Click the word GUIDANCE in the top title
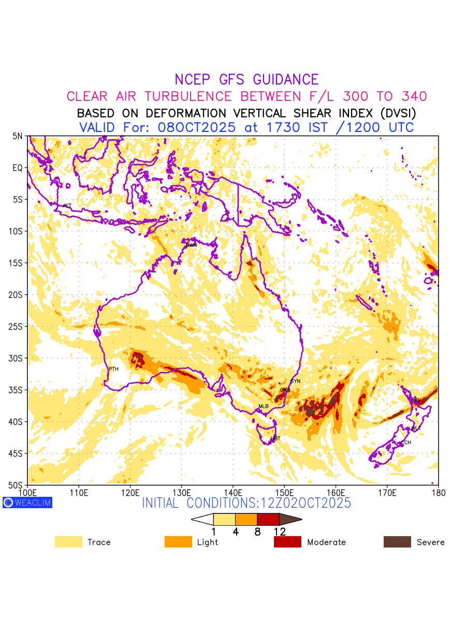(x=286, y=80)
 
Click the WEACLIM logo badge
(x=27, y=502)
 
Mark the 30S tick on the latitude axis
(x=17, y=358)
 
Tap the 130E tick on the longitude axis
(x=181, y=492)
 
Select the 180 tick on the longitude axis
(x=438, y=492)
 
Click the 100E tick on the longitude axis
(x=27, y=492)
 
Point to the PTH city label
(x=113, y=369)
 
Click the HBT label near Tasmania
(x=275, y=438)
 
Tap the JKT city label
(x=67, y=206)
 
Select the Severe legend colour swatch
(x=397, y=542)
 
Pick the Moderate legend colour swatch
(x=287, y=542)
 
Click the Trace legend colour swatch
(x=68, y=542)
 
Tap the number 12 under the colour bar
(x=280, y=531)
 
